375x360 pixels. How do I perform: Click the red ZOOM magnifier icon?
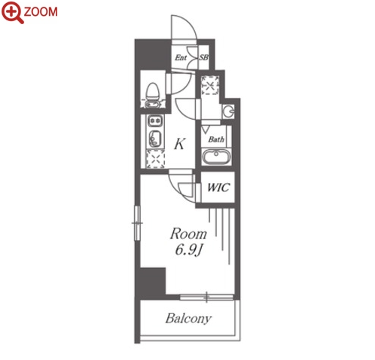13,12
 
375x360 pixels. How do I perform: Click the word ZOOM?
41,12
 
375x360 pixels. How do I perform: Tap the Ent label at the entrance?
181,57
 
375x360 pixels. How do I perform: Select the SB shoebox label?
204,57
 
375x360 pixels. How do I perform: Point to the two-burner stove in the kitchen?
154,121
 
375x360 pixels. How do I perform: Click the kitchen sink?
155,139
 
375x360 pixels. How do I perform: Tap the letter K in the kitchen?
180,144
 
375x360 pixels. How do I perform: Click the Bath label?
216,139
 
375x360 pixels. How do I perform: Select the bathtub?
216,157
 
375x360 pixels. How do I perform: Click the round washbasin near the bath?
228,111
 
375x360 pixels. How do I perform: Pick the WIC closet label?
218,188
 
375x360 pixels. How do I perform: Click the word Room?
188,233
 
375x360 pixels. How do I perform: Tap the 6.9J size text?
188,250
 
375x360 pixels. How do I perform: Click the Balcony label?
188,319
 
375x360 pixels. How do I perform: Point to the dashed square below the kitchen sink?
156,159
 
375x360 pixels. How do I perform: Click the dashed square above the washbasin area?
210,85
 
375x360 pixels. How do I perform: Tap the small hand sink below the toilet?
151,104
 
